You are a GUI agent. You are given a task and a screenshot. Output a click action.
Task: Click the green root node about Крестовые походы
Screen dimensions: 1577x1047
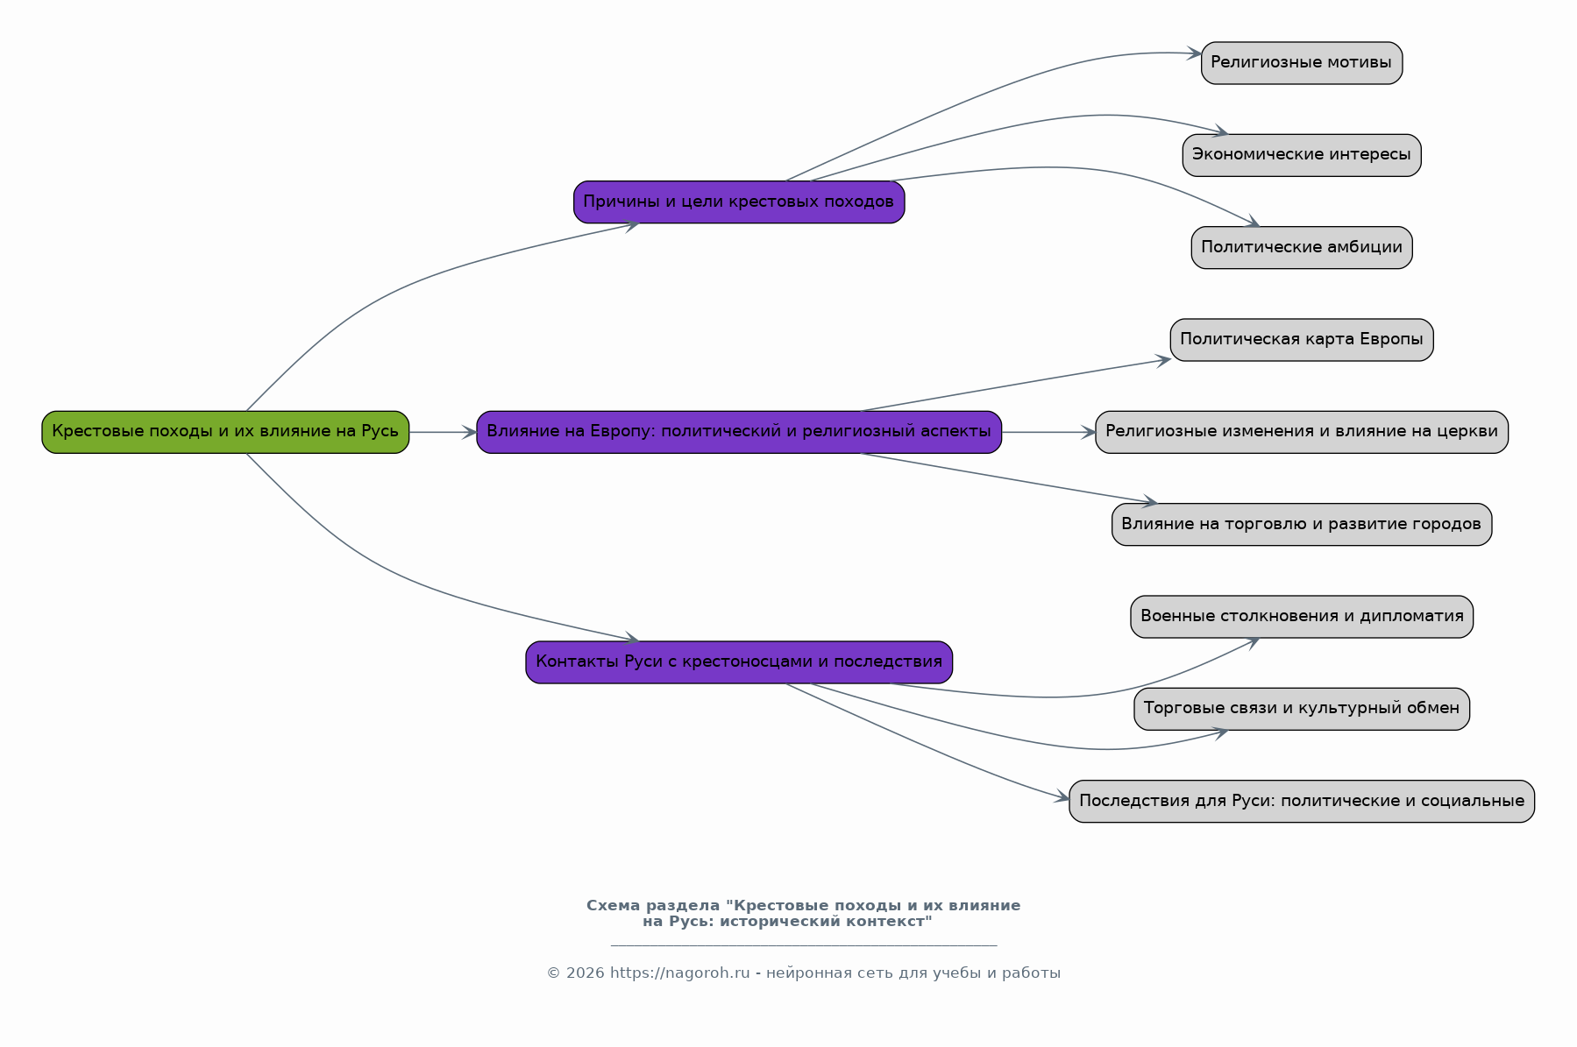(225, 432)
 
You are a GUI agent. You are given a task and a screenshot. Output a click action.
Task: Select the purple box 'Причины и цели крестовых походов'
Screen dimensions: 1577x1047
(739, 202)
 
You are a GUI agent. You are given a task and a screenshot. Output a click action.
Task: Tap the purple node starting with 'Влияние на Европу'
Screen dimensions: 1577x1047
(739, 432)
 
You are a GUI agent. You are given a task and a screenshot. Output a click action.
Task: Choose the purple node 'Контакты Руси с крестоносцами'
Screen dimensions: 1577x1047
(739, 662)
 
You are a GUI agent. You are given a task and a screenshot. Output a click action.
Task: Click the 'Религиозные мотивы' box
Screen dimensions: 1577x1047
(1302, 63)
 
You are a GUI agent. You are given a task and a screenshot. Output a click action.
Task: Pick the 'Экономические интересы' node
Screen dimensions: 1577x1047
(1302, 155)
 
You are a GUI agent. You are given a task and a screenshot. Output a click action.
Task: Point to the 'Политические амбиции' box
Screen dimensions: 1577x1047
(1302, 248)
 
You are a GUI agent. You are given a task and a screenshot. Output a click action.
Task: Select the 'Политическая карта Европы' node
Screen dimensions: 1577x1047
(1302, 340)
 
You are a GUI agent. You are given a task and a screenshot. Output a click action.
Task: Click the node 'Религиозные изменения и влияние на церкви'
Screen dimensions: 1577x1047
(1302, 432)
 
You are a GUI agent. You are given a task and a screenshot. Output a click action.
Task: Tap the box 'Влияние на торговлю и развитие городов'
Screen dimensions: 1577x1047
(1302, 525)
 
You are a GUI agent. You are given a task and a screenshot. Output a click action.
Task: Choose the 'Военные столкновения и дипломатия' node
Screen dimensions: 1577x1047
(1302, 617)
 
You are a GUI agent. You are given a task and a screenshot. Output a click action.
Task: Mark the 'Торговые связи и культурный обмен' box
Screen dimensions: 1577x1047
(1302, 709)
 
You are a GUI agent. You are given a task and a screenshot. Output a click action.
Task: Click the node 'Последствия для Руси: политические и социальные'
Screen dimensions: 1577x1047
(1302, 802)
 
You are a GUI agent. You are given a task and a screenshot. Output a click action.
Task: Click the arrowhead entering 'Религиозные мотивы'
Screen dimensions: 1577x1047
(1194, 53)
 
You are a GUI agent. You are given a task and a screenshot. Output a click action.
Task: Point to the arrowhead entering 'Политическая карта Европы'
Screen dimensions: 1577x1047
(1163, 359)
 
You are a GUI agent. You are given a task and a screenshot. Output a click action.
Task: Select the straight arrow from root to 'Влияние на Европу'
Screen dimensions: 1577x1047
(443, 432)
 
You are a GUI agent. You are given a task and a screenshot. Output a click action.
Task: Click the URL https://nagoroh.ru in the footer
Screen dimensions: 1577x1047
(680, 973)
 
